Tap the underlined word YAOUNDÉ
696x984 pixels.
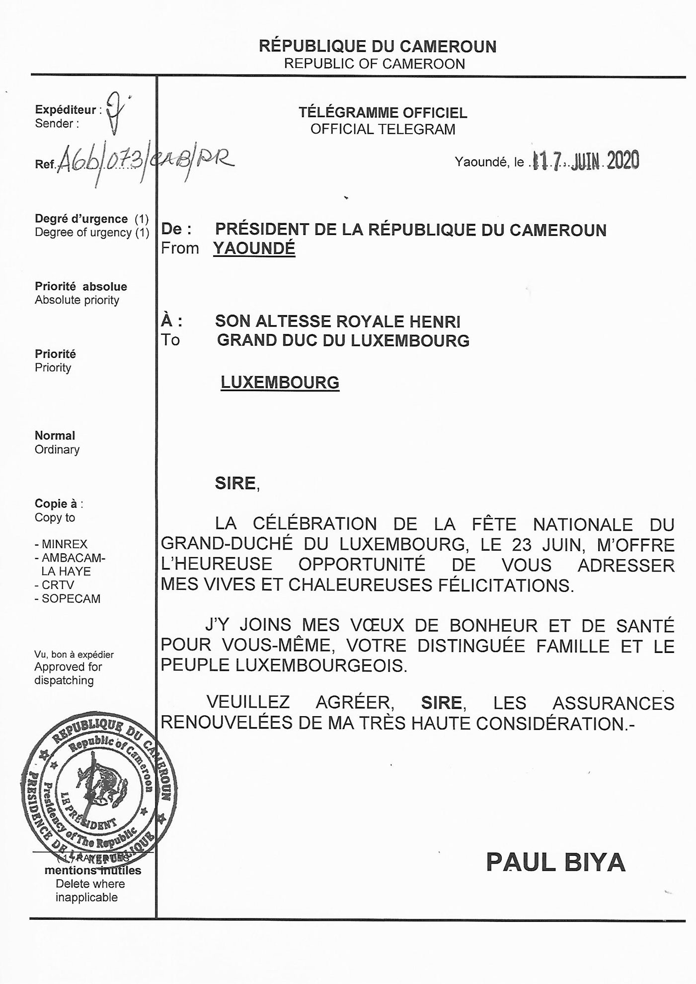click(x=254, y=248)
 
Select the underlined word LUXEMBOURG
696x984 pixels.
click(x=280, y=382)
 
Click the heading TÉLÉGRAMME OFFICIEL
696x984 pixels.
click(x=383, y=113)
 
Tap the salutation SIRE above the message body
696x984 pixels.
click(x=235, y=483)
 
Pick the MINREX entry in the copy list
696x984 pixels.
click(x=64, y=544)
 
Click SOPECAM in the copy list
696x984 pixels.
click(x=71, y=599)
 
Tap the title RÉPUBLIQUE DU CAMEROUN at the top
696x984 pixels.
click(x=377, y=46)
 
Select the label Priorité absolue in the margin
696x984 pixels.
click(x=80, y=286)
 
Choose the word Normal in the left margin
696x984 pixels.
click(x=55, y=435)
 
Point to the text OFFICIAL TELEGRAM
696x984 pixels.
click(x=383, y=129)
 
